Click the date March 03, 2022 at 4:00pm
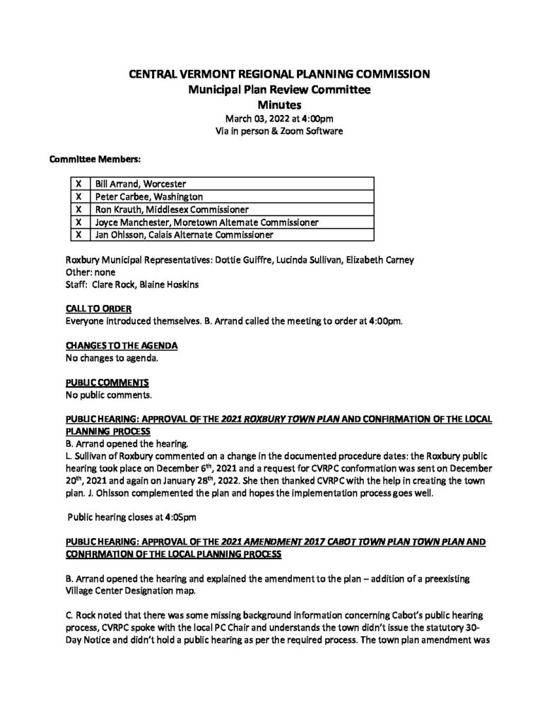click(x=280, y=118)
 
